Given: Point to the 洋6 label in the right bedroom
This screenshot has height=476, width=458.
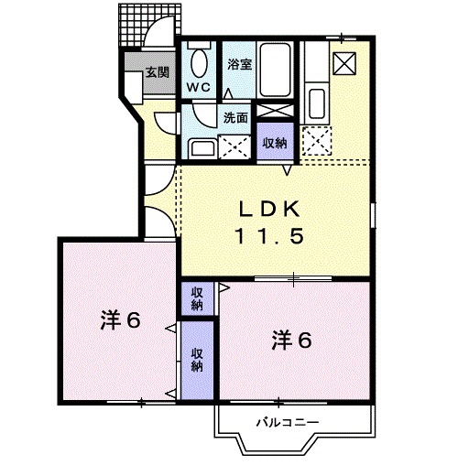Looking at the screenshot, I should coord(290,340).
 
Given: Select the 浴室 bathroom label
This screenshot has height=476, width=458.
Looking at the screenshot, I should coord(240,65).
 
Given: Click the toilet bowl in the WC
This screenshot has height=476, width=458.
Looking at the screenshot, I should coord(199,61).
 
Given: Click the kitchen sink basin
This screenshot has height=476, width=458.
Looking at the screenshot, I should coord(320,101).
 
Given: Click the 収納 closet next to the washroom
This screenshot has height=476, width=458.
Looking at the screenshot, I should coord(274,143).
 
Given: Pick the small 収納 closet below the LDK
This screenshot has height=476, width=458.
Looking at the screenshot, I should coord(197,298).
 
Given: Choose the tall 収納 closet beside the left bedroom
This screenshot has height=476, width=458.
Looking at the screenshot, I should coord(197,361).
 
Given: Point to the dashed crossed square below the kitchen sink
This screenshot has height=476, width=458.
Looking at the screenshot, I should coord(320,138).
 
